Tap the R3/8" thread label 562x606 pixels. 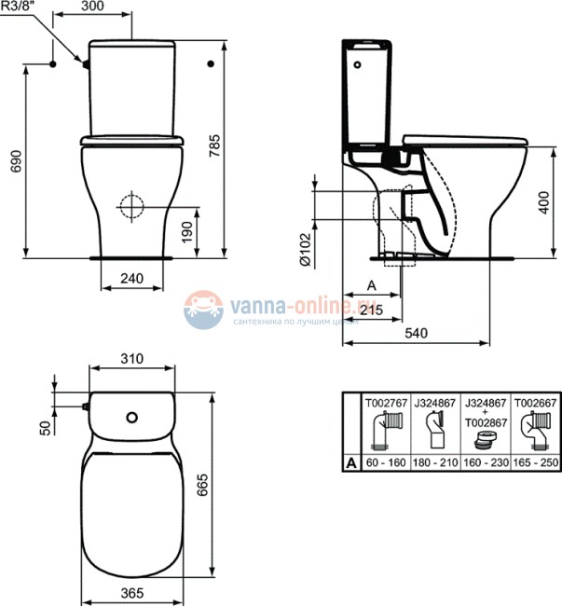coord(19,7)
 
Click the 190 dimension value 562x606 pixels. coord(188,229)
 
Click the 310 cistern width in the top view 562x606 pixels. coord(130,358)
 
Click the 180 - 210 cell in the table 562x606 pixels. coord(434,461)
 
